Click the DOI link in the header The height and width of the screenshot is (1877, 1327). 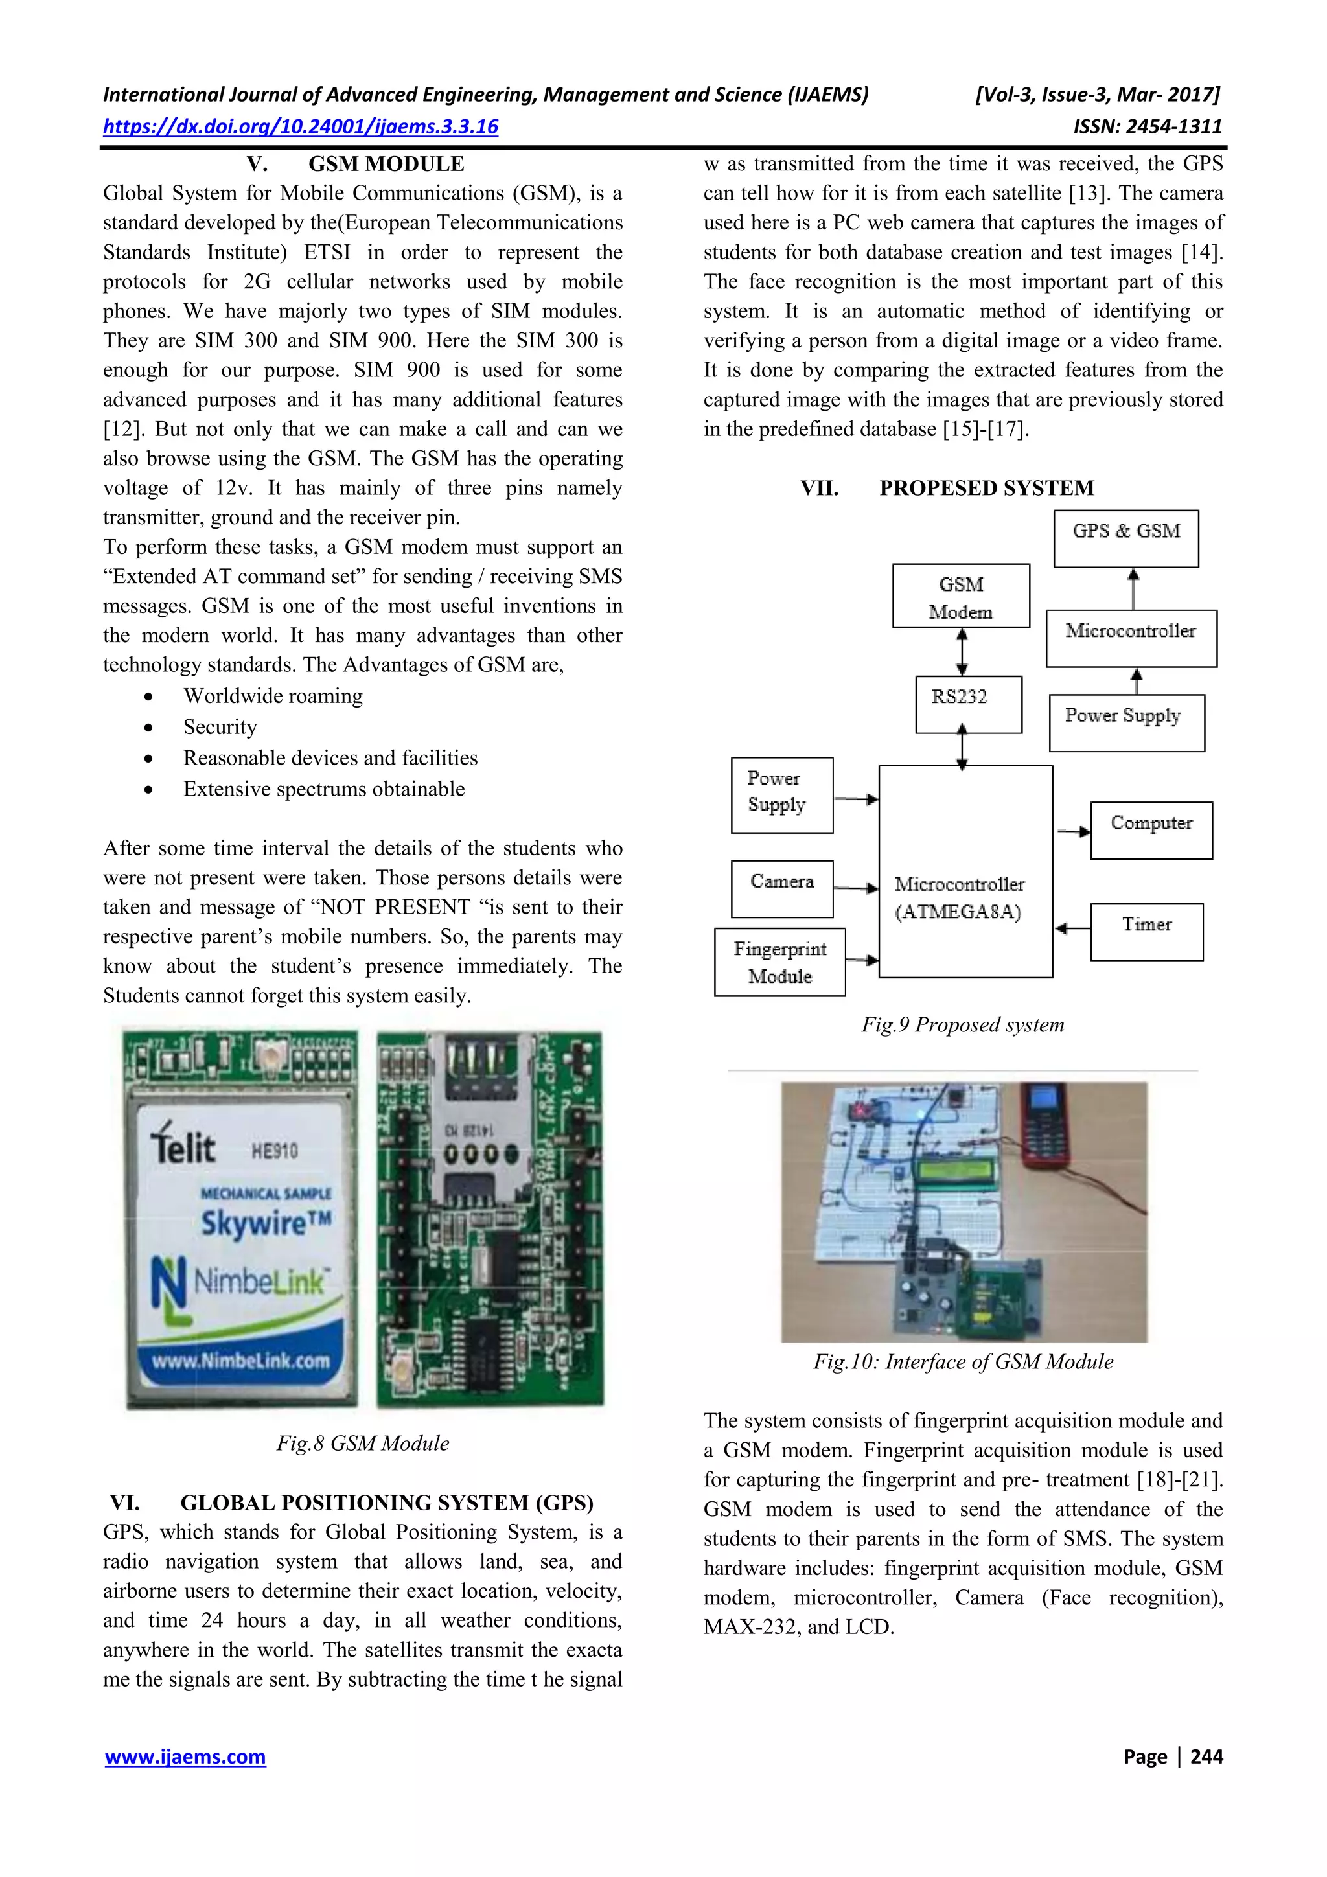tap(300, 127)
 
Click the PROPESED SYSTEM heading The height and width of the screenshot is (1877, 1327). tap(986, 488)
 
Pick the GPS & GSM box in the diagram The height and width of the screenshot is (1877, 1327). tap(1126, 538)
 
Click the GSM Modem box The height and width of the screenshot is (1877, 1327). tap(961, 596)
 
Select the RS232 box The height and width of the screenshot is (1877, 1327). tap(968, 704)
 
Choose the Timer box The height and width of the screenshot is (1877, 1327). tap(1146, 931)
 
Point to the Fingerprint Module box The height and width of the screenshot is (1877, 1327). tap(779, 962)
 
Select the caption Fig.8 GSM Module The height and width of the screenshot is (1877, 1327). tap(362, 1444)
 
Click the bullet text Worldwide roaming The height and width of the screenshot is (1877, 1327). tap(273, 696)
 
